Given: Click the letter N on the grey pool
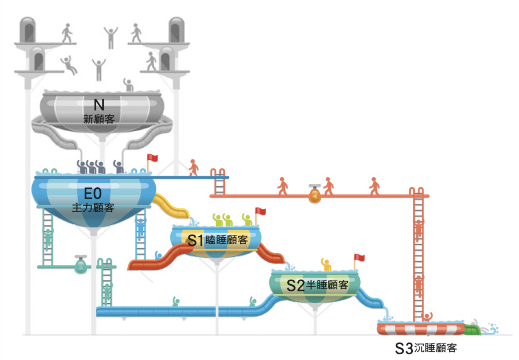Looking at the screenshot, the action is (99, 105).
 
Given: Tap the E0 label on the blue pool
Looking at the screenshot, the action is (93, 194).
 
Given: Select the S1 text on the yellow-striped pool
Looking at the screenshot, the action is (195, 240).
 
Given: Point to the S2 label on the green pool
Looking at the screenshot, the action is (296, 286).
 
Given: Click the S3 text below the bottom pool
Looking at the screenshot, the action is (404, 348).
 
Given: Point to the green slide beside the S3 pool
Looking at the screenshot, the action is (472, 329).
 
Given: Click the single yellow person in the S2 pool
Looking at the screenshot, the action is (326, 264).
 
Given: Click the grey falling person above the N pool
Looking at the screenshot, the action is (69, 65).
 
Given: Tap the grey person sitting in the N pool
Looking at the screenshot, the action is (128, 85).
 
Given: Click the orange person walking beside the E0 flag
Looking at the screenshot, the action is (193, 167).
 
